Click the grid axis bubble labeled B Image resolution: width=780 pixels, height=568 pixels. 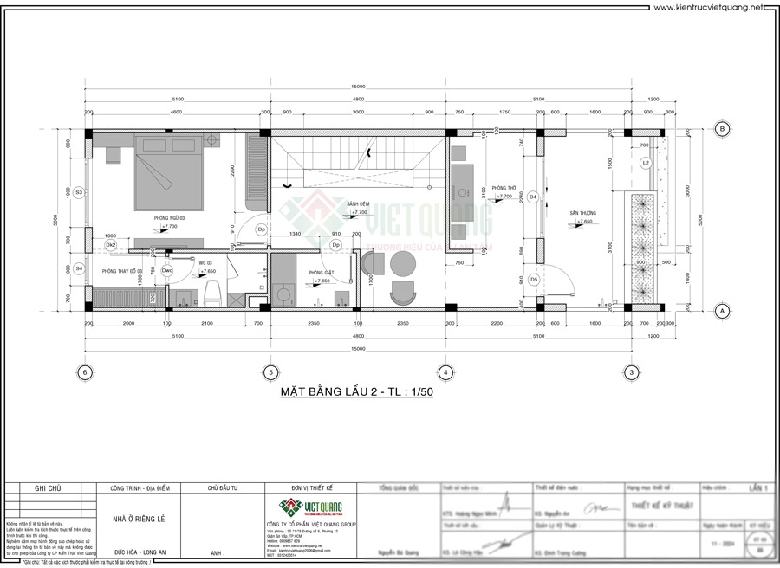click(x=721, y=129)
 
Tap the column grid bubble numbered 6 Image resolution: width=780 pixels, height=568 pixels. click(x=84, y=372)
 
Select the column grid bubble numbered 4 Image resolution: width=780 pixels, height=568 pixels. click(x=445, y=372)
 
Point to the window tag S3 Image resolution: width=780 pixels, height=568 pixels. click(x=78, y=191)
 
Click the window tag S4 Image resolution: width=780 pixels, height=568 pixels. click(x=78, y=268)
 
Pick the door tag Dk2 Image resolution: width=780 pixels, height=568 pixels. click(x=110, y=245)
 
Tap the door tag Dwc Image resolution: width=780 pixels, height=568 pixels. click(x=166, y=271)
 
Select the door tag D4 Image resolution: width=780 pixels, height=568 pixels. click(x=533, y=197)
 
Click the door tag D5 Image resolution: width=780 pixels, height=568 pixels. click(x=533, y=280)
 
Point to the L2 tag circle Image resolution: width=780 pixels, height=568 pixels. click(x=646, y=163)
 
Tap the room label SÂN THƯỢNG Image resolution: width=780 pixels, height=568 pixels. click(x=582, y=213)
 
